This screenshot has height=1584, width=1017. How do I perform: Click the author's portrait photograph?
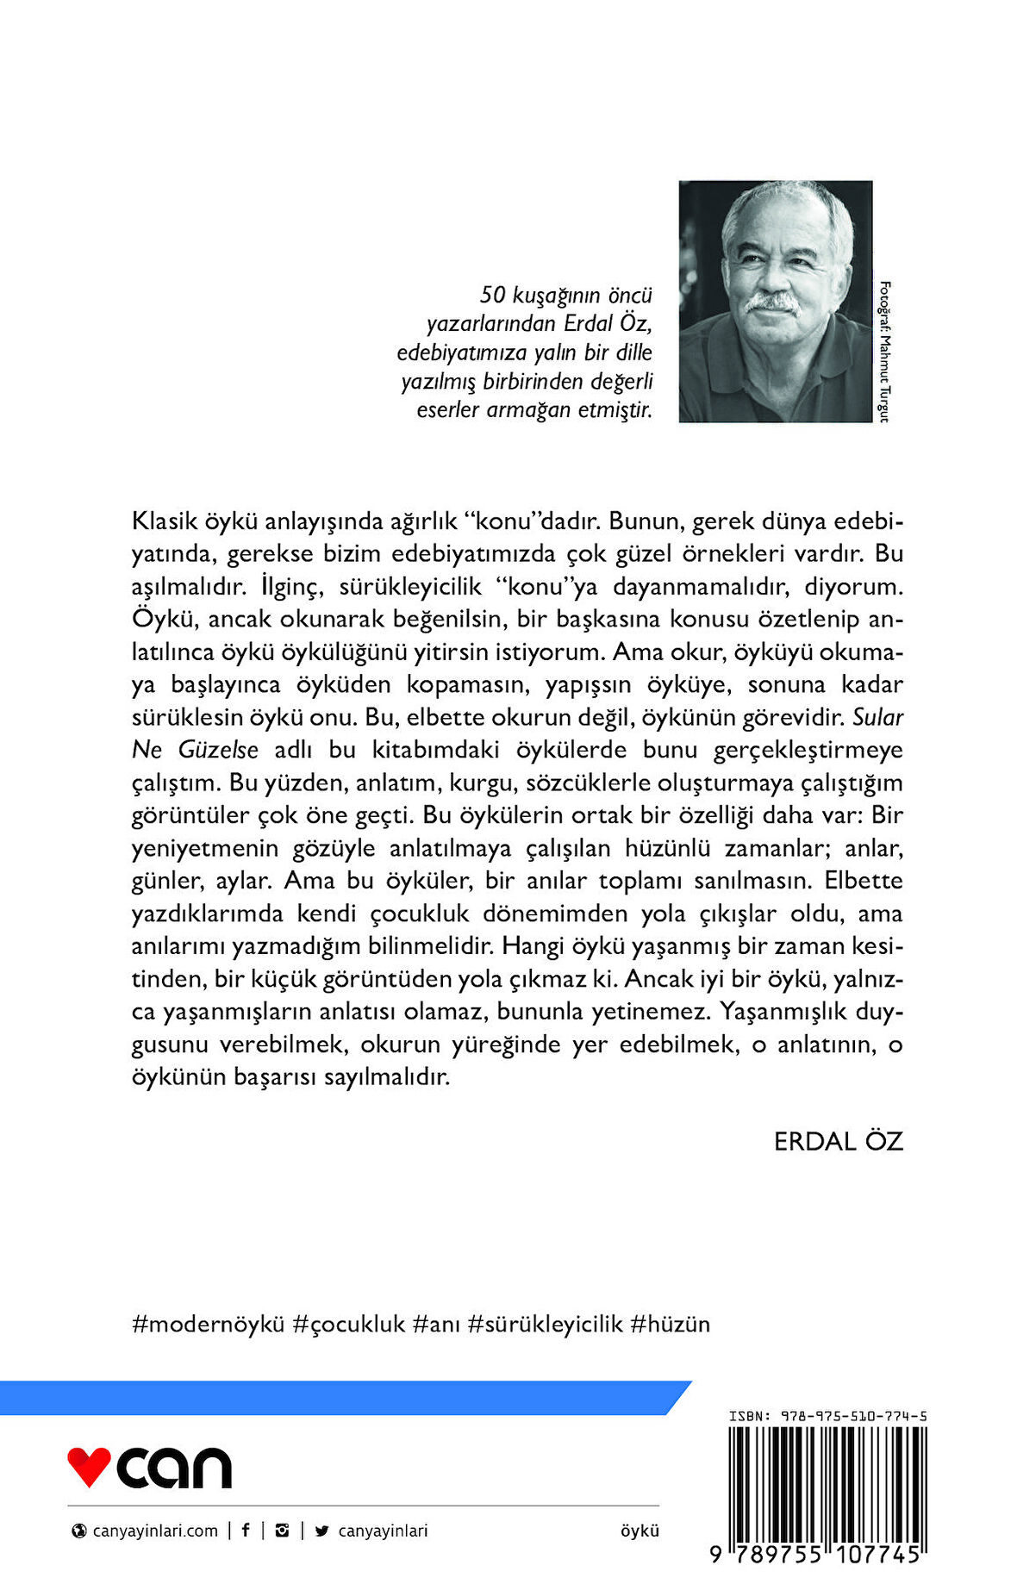(x=775, y=301)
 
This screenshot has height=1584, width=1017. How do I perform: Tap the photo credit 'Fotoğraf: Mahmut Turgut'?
(x=883, y=352)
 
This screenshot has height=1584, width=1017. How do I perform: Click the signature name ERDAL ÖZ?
(x=838, y=1141)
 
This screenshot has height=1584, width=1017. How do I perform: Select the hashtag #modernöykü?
(x=208, y=1324)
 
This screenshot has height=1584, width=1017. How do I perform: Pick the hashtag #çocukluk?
(x=349, y=1324)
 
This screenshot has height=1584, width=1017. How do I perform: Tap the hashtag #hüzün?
(x=671, y=1324)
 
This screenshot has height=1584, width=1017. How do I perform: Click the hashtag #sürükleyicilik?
(x=545, y=1324)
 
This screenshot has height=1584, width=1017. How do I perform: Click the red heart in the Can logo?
(x=89, y=1466)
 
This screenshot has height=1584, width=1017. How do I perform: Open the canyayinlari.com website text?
(x=155, y=1531)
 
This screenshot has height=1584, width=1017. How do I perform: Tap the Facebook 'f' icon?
(x=246, y=1531)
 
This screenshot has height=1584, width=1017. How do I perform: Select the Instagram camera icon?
(x=282, y=1531)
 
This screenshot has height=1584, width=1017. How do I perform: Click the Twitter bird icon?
(x=322, y=1531)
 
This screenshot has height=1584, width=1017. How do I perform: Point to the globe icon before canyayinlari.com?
(x=79, y=1531)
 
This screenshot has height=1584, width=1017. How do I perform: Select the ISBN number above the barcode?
(x=827, y=1416)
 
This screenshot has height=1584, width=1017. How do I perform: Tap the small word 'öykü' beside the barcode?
(x=640, y=1531)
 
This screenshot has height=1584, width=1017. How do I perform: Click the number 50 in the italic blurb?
(x=492, y=295)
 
